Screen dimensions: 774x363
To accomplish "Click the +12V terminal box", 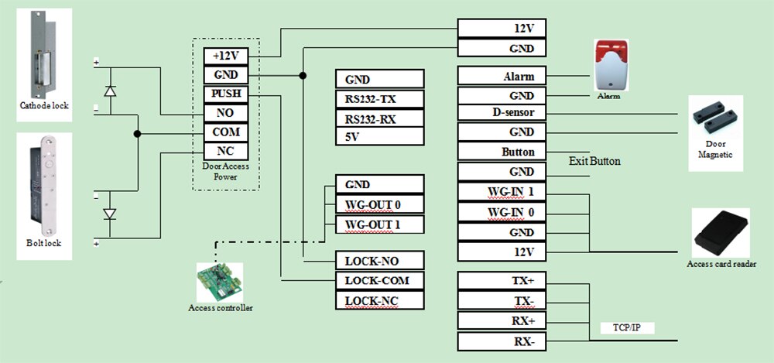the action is [225, 57].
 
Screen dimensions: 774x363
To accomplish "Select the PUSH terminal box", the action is [225, 94].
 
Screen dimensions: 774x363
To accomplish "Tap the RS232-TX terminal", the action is [379, 99].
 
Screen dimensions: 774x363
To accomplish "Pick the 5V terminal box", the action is [379, 136].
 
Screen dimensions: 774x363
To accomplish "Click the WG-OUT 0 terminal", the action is [379, 204].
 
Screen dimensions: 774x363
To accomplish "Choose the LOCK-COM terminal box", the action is [379, 280].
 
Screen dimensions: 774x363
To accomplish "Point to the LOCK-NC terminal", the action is [379, 300].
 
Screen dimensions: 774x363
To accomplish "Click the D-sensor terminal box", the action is [502, 112].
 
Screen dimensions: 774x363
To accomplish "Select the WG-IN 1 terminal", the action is [502, 192].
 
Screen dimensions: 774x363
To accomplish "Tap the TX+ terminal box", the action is [502, 280].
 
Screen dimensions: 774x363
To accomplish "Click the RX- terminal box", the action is [502, 341].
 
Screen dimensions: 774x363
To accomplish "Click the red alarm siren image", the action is [611, 65].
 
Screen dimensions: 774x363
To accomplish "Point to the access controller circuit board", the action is [220, 283].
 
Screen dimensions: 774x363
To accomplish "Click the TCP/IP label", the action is [627, 328].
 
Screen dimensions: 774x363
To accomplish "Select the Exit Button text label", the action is [594, 162].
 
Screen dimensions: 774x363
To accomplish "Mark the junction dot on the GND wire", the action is [303, 76].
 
